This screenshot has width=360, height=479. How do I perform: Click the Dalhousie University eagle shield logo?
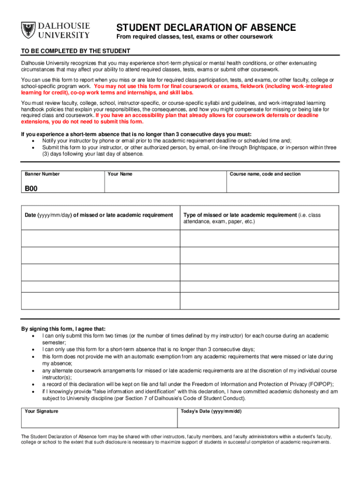click(29, 31)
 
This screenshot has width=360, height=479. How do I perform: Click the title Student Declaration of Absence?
click(206, 28)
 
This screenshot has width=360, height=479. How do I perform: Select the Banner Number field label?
click(42, 174)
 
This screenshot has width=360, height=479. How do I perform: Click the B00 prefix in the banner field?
click(31, 189)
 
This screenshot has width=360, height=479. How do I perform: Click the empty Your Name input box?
click(165, 185)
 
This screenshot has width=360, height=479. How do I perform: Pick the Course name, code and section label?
click(265, 174)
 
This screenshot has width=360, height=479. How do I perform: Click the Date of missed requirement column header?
click(99, 215)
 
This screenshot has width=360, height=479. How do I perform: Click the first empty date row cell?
click(101, 239)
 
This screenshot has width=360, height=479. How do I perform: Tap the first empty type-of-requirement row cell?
click(259, 239)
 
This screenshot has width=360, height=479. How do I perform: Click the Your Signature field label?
click(42, 411)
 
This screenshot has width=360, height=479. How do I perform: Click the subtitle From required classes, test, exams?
click(194, 37)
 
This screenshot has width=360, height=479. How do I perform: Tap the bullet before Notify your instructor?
click(33, 141)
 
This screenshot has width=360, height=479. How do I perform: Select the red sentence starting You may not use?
click(213, 87)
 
